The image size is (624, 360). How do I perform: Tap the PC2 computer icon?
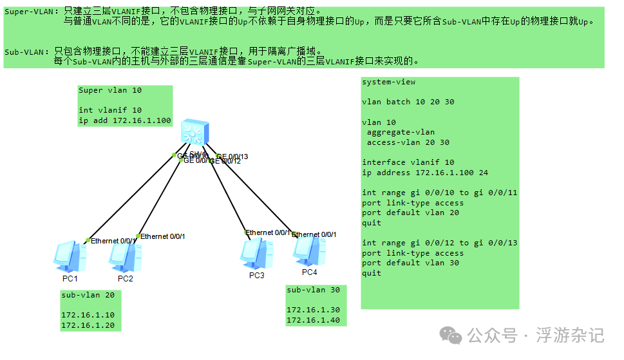pyautogui.click(x=123, y=256)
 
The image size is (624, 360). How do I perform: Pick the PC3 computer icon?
pyautogui.click(x=256, y=252)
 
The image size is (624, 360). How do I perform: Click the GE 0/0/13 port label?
pyautogui.click(x=232, y=156)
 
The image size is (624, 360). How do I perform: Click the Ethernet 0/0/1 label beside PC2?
pyautogui.click(x=163, y=236)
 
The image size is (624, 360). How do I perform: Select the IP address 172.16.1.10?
pyautogui.click(x=88, y=315)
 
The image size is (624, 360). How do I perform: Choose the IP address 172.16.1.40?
pyautogui.click(x=314, y=320)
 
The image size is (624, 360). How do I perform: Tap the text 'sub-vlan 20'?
pyautogui.click(x=88, y=295)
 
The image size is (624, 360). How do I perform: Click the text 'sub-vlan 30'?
pyautogui.click(x=314, y=290)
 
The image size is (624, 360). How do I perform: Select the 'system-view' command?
pyautogui.click(x=389, y=82)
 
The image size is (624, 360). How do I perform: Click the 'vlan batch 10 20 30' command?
pyautogui.click(x=408, y=102)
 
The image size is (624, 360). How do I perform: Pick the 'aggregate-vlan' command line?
pyautogui.click(x=401, y=132)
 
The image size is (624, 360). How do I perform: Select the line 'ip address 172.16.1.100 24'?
pyautogui.click(x=425, y=173)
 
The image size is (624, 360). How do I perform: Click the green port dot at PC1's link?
pyautogui.click(x=88, y=240)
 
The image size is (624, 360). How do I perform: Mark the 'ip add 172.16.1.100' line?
pyautogui.click(x=125, y=120)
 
